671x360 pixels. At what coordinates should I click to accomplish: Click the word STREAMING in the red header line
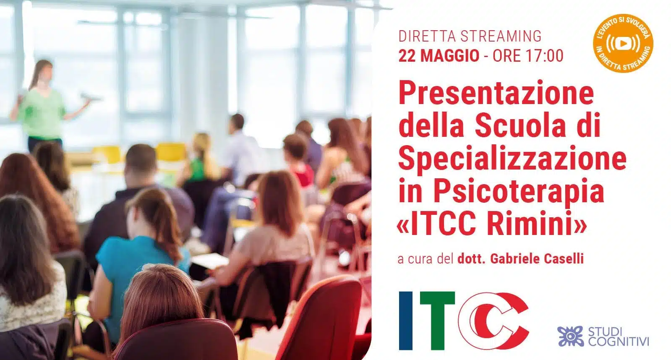tap(501, 36)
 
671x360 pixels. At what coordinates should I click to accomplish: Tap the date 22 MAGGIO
tap(439, 56)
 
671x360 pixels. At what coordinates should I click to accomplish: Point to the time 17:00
tap(543, 56)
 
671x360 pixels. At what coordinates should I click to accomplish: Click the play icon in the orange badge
tap(623, 44)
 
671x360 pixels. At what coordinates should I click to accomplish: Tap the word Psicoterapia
tap(519, 192)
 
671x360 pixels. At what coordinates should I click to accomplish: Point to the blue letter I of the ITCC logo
tap(406, 321)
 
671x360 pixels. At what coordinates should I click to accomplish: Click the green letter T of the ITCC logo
tap(437, 321)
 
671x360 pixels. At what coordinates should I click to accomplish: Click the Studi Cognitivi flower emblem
tap(570, 336)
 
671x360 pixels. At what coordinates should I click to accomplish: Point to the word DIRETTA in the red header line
tap(428, 36)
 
